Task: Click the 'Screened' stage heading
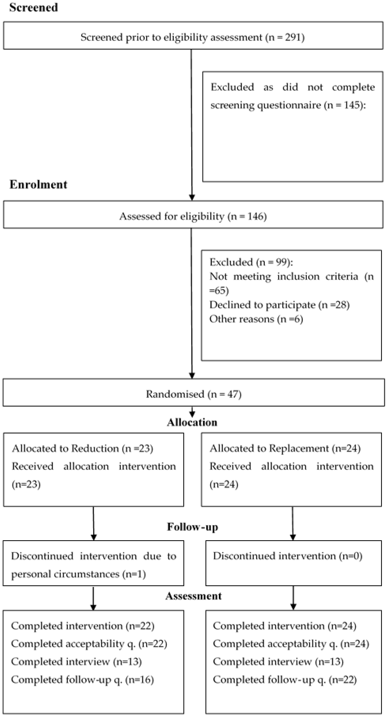tap(34, 7)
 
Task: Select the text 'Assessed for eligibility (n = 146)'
tap(193, 216)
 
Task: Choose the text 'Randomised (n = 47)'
tap(194, 394)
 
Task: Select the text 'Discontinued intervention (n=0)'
tap(288, 556)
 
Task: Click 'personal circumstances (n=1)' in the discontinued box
tap(78, 574)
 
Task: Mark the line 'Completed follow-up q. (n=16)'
tap(83, 680)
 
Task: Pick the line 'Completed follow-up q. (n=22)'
tap(285, 680)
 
